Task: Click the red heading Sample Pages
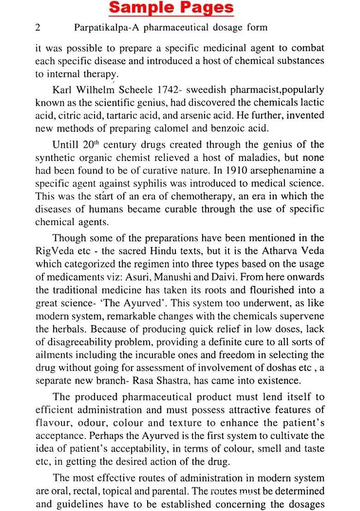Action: click(x=171, y=8)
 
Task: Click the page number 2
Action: click(x=38, y=28)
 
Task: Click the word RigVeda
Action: click(x=53, y=251)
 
